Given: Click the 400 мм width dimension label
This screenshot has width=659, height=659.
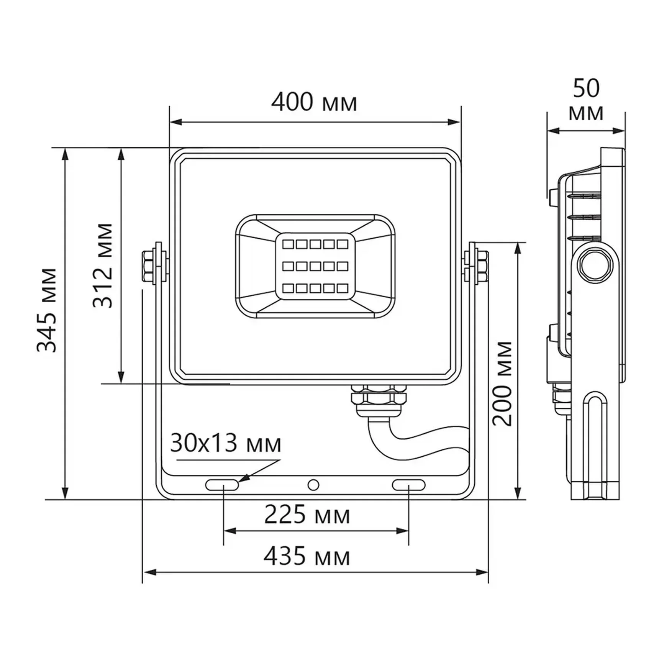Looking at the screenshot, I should click(314, 102).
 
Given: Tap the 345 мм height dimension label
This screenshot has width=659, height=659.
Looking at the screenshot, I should click(47, 310).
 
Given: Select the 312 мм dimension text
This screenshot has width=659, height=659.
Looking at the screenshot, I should click(103, 266).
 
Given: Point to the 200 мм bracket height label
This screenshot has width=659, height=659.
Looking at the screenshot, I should click(502, 384).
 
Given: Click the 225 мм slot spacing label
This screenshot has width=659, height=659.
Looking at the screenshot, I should click(307, 515).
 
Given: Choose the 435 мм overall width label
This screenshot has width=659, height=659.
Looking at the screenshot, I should click(307, 557).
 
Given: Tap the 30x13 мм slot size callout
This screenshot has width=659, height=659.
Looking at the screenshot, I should click(225, 444).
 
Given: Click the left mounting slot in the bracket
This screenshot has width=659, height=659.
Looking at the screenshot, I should click(222, 485).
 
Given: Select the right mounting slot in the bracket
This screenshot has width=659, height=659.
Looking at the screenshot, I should click(408, 485).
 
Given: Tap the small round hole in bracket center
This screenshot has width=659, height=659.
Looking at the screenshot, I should click(313, 485).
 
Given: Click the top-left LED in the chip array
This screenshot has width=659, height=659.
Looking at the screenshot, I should click(288, 244).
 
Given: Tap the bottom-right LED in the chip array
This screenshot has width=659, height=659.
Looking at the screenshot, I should click(342, 288).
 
